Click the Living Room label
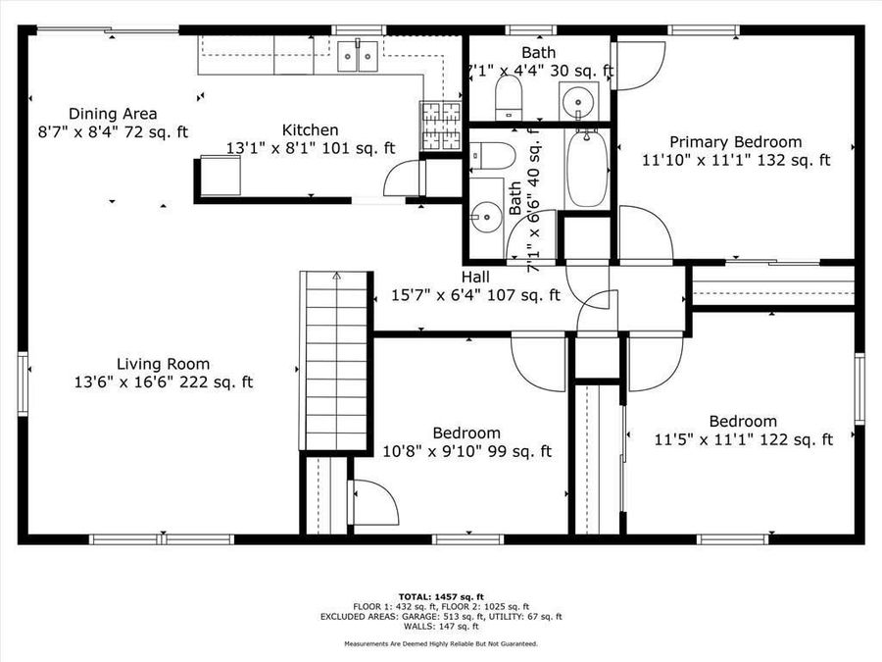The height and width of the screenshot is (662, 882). [x=164, y=364]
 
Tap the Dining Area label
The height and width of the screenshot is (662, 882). [x=112, y=114]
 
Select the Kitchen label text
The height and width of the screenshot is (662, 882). [x=311, y=130]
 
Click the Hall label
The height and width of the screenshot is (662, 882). [x=476, y=278]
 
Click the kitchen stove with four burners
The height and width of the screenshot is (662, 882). [x=441, y=126]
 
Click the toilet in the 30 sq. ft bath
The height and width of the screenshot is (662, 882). [x=508, y=97]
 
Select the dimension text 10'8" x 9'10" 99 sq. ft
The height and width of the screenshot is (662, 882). [x=466, y=451]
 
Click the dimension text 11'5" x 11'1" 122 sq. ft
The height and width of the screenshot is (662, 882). [x=743, y=440]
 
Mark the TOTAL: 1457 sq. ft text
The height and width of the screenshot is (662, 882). [x=440, y=596]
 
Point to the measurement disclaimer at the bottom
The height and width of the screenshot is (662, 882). [x=440, y=643]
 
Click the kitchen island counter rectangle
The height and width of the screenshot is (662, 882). [x=217, y=177]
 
